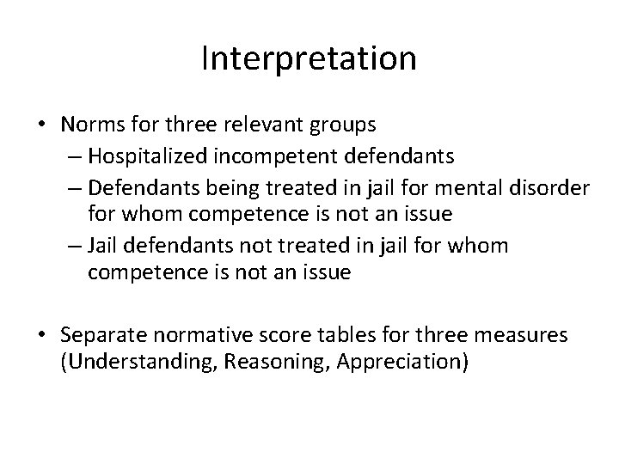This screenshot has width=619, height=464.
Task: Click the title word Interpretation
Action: click(309, 59)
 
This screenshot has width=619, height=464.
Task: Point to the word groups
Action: click(344, 125)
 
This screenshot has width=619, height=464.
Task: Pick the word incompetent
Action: click(263, 155)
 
